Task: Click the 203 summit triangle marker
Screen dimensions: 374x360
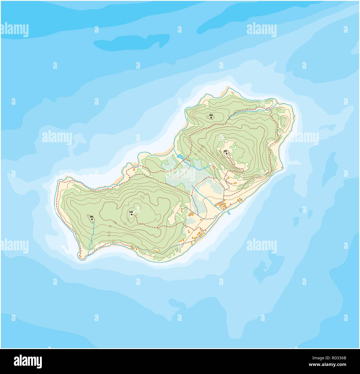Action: (226, 153)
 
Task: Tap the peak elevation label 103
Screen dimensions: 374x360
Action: (211, 115)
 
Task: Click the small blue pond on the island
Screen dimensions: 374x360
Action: (180, 157)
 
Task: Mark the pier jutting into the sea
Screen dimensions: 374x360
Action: (228, 213)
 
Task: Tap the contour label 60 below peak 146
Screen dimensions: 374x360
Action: (109, 232)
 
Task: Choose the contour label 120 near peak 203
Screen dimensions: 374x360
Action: (212, 152)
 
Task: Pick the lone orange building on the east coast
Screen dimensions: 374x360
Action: (282, 168)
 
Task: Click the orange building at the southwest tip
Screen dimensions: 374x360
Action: (80, 256)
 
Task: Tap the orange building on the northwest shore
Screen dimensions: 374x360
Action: (134, 168)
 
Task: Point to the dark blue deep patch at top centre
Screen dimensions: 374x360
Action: (132, 42)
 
